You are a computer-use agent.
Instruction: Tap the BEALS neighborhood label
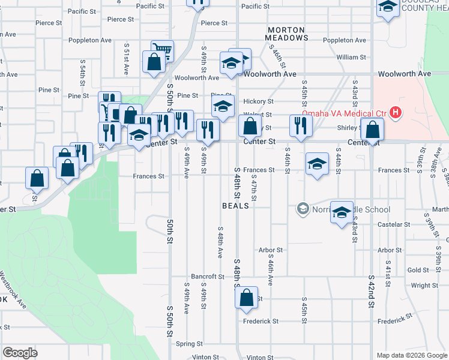pos(235,205)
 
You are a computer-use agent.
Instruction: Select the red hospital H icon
pos(396,112)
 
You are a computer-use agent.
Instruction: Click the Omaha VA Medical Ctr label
pos(344,114)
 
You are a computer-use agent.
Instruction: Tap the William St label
pos(351,57)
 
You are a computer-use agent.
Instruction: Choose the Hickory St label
pos(258,102)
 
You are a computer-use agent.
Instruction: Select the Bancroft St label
pos(208,277)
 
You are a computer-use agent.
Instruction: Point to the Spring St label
pos(190,344)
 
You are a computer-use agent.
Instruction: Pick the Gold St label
pos(418,270)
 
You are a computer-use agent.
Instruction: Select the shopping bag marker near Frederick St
pos(246,299)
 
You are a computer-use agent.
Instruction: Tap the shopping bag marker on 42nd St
pos(373,130)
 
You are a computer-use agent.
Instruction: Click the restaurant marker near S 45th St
pos(299,125)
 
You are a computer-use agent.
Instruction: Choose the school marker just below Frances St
pos(317,164)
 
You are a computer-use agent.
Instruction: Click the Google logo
pos(20,352)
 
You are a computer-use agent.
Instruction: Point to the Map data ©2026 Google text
pos(411,355)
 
